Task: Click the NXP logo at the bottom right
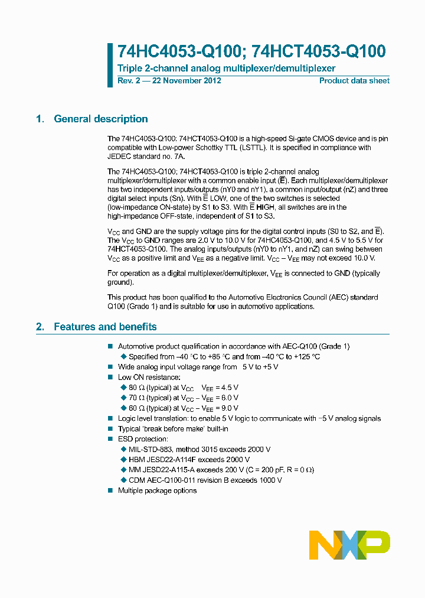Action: [349, 544]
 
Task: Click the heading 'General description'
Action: [100, 119]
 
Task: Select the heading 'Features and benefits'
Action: [105, 327]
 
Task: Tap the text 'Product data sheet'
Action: [354, 80]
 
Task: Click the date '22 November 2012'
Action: [187, 80]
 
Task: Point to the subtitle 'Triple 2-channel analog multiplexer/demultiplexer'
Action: [226, 69]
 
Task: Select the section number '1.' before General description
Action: [40, 119]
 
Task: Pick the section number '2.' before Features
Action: [40, 327]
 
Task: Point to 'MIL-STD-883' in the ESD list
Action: [149, 450]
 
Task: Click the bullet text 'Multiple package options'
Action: [157, 491]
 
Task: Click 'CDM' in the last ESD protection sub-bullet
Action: [138, 480]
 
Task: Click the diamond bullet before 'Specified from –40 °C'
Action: [124, 357]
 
